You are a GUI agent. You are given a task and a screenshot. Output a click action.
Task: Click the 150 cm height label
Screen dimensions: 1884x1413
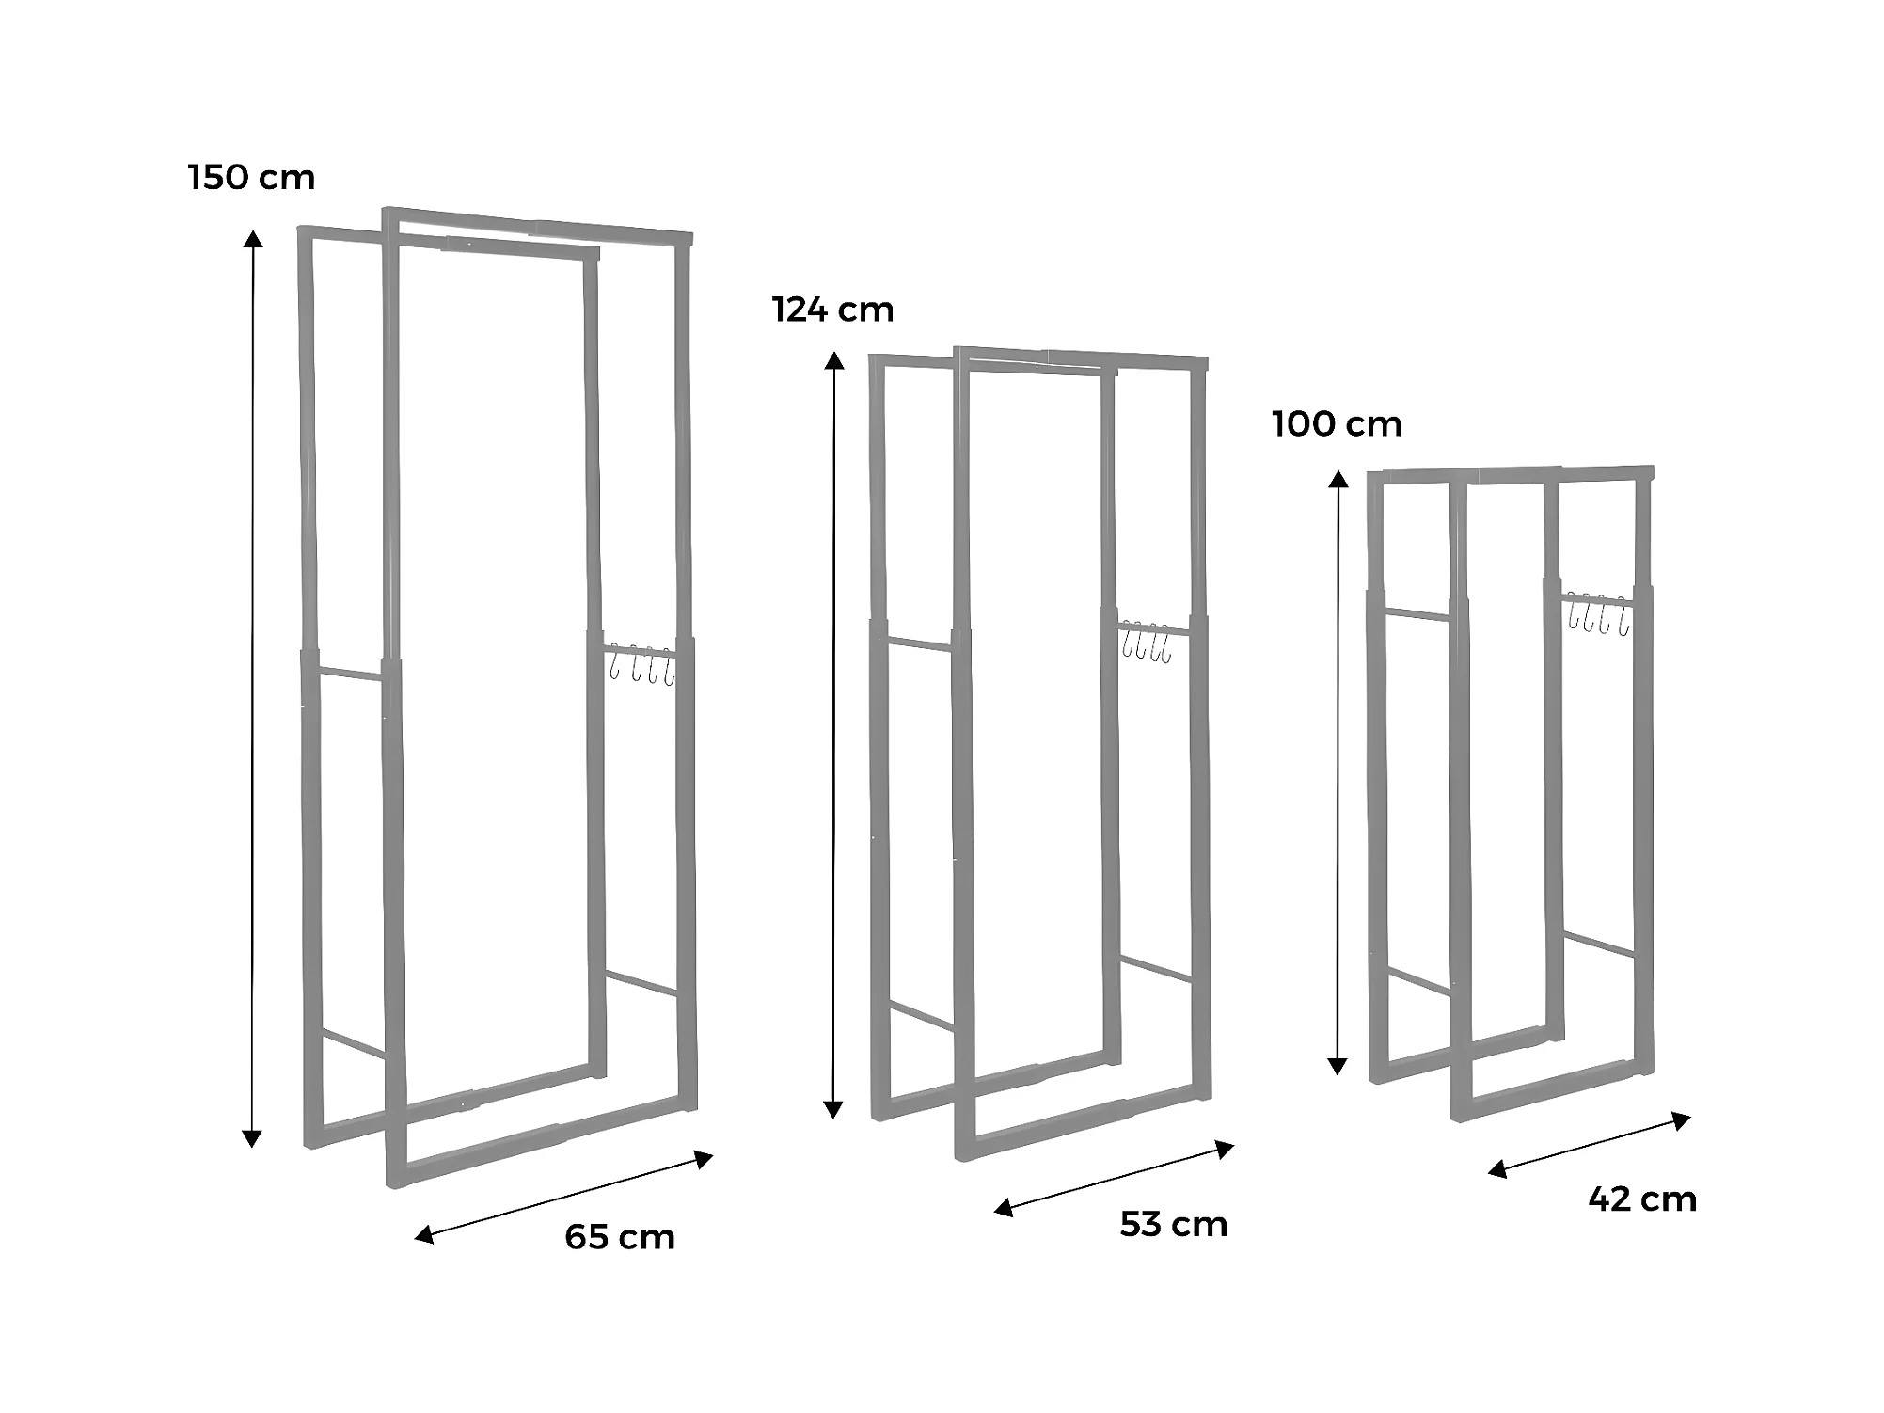click(252, 177)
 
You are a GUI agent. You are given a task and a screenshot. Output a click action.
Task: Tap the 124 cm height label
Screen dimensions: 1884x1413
click(833, 309)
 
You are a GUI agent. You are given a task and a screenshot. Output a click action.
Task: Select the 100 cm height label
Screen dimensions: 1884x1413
click(1337, 423)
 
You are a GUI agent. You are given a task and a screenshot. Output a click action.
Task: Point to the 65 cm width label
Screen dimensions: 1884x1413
click(620, 1236)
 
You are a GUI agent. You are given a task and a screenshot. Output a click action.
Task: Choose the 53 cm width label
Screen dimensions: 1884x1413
click(1174, 1223)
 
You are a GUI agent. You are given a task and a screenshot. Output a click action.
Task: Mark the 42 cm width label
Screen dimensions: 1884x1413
click(1642, 1199)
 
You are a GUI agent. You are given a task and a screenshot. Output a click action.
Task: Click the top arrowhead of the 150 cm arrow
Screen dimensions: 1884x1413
click(253, 238)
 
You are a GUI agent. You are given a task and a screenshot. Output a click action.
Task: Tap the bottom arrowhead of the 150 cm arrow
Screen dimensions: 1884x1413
click(252, 1139)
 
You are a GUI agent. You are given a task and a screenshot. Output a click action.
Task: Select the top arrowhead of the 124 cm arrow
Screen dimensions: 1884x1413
click(833, 360)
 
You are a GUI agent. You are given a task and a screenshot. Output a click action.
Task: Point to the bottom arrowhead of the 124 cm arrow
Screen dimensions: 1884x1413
click(833, 1109)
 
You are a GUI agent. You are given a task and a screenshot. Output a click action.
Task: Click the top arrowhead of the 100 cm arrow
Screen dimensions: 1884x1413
click(1338, 480)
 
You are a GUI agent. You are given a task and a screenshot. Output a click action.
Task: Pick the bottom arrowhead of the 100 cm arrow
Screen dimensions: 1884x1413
click(1337, 1065)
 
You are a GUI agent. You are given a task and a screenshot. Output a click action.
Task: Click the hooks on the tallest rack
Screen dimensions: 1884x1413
click(641, 664)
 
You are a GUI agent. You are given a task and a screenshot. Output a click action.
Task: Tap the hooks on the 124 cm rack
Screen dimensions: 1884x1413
click(1146, 642)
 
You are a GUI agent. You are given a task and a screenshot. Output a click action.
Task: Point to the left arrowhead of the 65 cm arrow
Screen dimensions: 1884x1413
click(424, 1235)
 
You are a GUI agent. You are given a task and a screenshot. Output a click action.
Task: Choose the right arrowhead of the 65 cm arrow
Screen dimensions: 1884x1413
click(704, 1159)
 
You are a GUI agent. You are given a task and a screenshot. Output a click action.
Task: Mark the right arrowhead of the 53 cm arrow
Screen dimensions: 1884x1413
click(1224, 1149)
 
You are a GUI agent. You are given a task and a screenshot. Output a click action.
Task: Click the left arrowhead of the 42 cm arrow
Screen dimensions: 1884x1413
click(1497, 1169)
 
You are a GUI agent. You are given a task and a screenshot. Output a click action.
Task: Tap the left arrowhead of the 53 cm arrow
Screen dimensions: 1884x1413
click(1004, 1208)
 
